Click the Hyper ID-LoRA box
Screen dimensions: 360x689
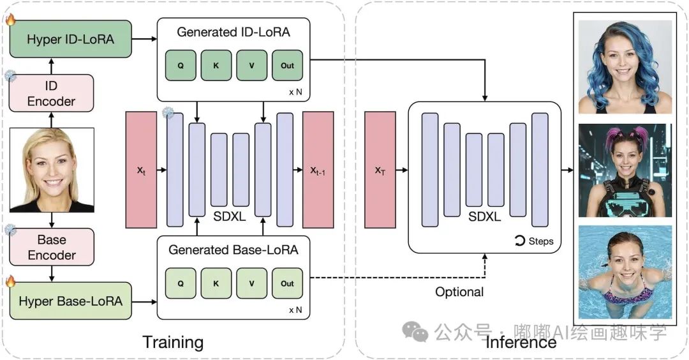[x=70, y=40]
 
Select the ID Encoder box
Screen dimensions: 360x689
[x=52, y=93]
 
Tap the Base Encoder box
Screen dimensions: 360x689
[x=52, y=247]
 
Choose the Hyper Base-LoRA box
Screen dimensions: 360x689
[x=70, y=300]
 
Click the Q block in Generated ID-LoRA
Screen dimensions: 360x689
[x=181, y=65]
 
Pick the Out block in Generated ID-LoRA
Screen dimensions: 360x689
[x=287, y=65]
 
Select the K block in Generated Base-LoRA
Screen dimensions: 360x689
[x=216, y=283]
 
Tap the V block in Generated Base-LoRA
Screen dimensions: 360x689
[x=252, y=283]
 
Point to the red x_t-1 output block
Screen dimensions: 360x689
[x=318, y=170]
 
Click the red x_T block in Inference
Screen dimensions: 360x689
[x=380, y=170]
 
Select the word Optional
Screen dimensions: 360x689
[x=459, y=292]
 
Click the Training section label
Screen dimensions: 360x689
[x=173, y=342]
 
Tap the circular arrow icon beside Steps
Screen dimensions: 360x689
[x=519, y=241]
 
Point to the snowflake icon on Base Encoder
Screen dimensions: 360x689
[x=10, y=229]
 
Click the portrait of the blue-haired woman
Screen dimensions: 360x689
[x=625, y=67]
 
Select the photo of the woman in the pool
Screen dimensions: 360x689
[x=625, y=271]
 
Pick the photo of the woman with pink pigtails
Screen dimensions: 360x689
[x=625, y=170]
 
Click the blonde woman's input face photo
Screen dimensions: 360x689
[x=52, y=170]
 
